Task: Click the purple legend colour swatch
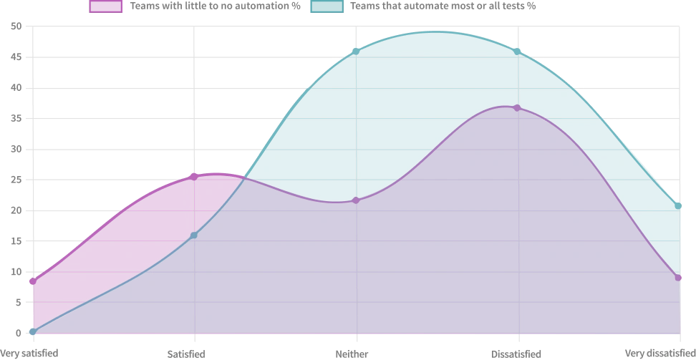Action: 105,7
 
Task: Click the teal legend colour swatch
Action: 327,7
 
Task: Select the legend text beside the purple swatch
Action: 214,6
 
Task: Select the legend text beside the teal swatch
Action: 443,6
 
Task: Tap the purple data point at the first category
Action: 32,282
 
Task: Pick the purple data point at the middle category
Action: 357,200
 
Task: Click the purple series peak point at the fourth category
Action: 518,107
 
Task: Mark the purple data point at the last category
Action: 679,277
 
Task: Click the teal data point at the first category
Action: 32,331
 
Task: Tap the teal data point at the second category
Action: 194,235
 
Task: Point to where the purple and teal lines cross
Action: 245,177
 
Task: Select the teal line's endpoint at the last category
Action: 680,208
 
